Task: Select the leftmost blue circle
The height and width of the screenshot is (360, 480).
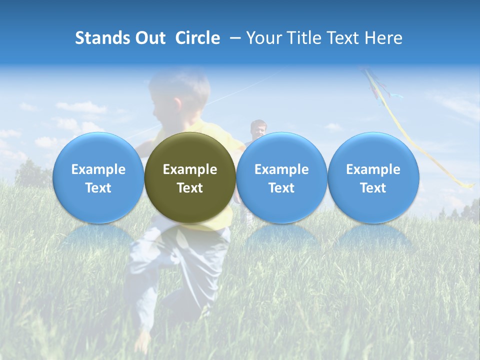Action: (x=98, y=178)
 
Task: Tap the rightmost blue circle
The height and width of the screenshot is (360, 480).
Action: (x=373, y=178)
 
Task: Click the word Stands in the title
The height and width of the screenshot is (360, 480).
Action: (x=100, y=38)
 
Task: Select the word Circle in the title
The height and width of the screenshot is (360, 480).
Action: (x=197, y=38)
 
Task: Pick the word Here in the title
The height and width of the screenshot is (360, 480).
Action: (x=383, y=38)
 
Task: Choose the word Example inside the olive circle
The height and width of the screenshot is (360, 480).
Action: (x=190, y=169)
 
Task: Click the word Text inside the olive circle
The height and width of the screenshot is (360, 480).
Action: (x=190, y=188)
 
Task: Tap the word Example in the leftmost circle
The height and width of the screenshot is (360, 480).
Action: (x=98, y=169)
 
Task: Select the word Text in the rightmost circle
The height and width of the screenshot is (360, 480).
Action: (x=373, y=188)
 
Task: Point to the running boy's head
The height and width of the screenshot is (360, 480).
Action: (x=180, y=95)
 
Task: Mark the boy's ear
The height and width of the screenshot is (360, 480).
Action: (x=177, y=103)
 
